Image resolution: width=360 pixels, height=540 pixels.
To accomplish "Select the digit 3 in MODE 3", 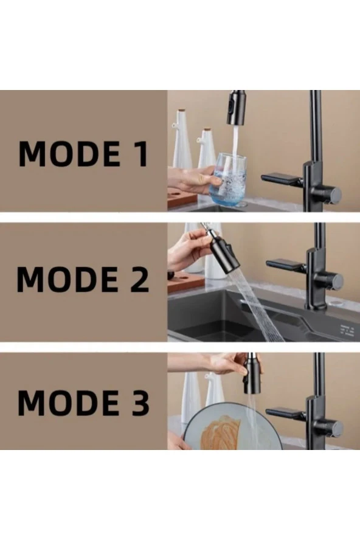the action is [139, 402].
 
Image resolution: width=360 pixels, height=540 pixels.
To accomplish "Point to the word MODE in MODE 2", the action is [67, 279].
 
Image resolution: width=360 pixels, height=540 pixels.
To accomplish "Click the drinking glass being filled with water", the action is [227, 179].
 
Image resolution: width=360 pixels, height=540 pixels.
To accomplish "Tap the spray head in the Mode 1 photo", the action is [236, 108].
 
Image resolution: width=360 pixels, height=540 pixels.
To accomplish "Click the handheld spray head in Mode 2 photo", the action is [223, 251].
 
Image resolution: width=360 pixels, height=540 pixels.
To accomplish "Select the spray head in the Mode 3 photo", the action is [252, 373].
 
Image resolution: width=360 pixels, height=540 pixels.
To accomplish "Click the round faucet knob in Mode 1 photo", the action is [333, 195].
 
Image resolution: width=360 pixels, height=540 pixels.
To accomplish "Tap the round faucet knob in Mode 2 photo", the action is [335, 281].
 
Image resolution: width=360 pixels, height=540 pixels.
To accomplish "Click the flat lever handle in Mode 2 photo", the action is [286, 266].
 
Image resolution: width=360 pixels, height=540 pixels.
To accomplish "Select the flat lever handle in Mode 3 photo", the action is [286, 414].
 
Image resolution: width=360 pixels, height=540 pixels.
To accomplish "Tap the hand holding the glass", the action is [191, 180].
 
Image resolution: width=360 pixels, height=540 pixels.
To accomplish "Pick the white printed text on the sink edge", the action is [347, 330].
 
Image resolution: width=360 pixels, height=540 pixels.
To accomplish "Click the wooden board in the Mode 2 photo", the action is [186, 282].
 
